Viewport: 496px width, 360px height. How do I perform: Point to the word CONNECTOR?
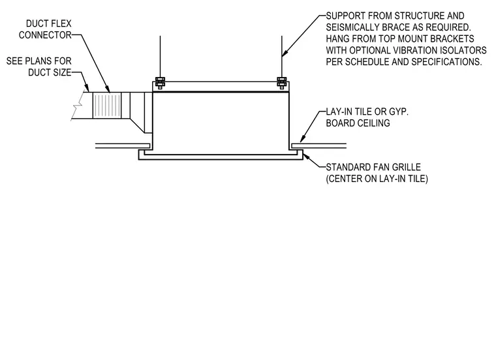click(x=45, y=35)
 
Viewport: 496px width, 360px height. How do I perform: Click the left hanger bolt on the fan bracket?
click(x=160, y=83)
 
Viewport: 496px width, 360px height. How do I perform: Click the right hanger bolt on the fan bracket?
click(x=281, y=83)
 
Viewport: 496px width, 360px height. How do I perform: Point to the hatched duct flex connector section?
click(x=107, y=106)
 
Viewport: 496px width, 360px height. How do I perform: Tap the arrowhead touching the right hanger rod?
click(x=284, y=53)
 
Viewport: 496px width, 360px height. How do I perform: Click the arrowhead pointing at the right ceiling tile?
click(x=302, y=138)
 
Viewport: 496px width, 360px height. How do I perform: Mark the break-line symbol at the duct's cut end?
click(x=78, y=106)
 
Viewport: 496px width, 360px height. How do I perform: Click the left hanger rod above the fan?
click(x=160, y=57)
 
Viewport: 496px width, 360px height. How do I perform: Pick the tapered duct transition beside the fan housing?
click(x=141, y=113)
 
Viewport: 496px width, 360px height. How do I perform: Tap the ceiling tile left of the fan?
click(x=123, y=146)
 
